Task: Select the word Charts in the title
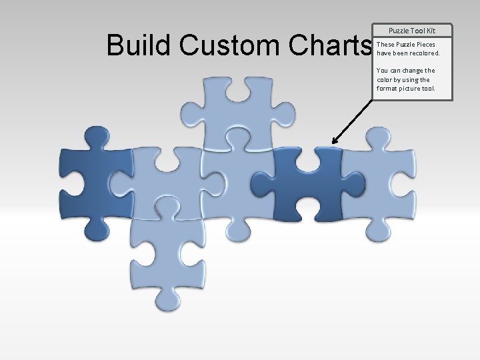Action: (x=330, y=45)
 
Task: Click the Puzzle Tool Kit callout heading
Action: (x=412, y=31)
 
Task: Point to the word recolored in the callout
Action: (x=420, y=53)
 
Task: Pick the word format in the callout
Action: (x=387, y=88)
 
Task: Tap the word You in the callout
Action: (x=382, y=70)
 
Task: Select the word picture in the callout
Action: (x=411, y=88)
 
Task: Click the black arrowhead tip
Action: (x=333, y=143)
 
